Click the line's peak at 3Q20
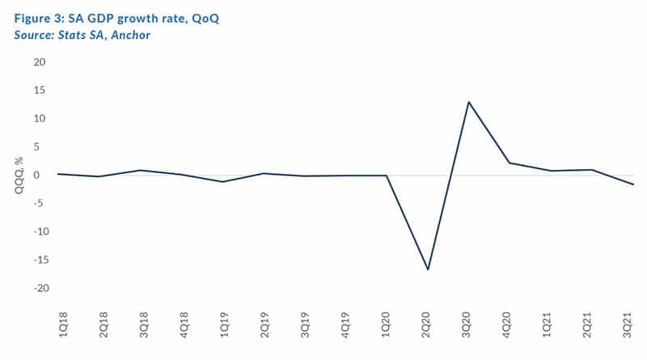click(x=468, y=102)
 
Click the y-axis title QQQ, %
click(x=17, y=176)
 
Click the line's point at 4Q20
click(x=509, y=163)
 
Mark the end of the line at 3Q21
click(x=632, y=184)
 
